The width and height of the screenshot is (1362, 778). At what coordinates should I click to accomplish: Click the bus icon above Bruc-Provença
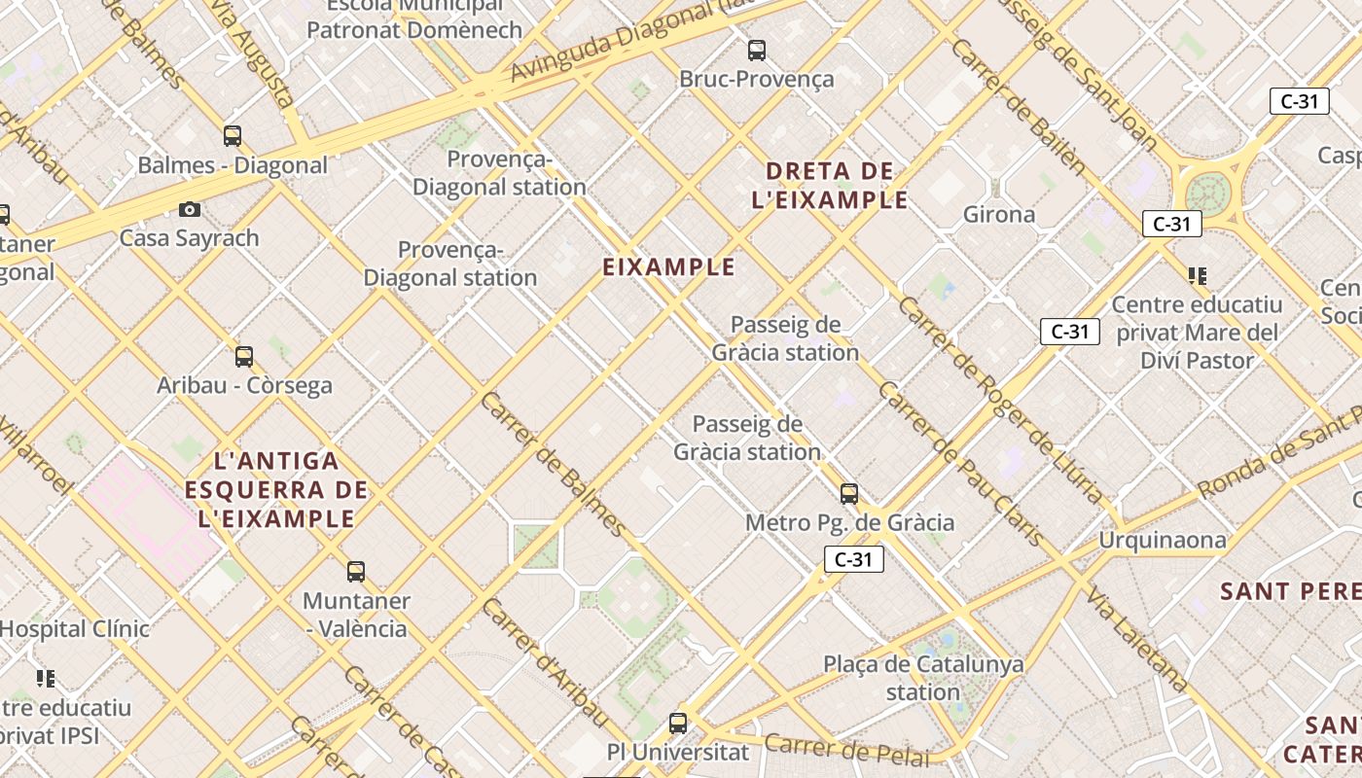point(756,51)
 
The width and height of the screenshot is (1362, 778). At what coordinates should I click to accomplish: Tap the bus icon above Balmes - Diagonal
point(233,136)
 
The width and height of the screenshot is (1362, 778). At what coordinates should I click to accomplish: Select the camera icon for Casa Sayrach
point(190,209)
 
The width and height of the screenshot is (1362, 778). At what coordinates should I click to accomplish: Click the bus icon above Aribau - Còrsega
point(244,357)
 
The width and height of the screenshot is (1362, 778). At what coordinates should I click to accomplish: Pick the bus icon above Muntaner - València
point(356,572)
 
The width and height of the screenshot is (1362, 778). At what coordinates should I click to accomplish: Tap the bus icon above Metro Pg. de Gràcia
point(849,494)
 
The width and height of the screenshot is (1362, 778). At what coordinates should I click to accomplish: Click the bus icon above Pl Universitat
point(678,724)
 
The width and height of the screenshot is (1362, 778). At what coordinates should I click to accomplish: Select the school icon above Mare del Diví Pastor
point(1197,276)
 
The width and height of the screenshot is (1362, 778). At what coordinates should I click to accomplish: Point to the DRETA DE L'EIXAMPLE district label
point(830,186)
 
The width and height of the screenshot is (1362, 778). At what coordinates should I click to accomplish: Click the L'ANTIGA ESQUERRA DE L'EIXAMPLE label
point(277,489)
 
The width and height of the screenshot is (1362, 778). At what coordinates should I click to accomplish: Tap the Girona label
point(999,215)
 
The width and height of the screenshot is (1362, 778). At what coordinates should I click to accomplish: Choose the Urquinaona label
point(1163,540)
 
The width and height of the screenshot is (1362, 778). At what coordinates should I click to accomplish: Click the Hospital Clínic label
point(74,628)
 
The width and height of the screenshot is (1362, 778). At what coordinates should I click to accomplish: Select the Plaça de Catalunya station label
point(923,678)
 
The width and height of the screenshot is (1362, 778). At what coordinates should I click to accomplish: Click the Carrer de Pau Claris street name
point(960,463)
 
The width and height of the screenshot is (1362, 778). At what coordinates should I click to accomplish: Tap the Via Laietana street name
point(1137,640)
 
